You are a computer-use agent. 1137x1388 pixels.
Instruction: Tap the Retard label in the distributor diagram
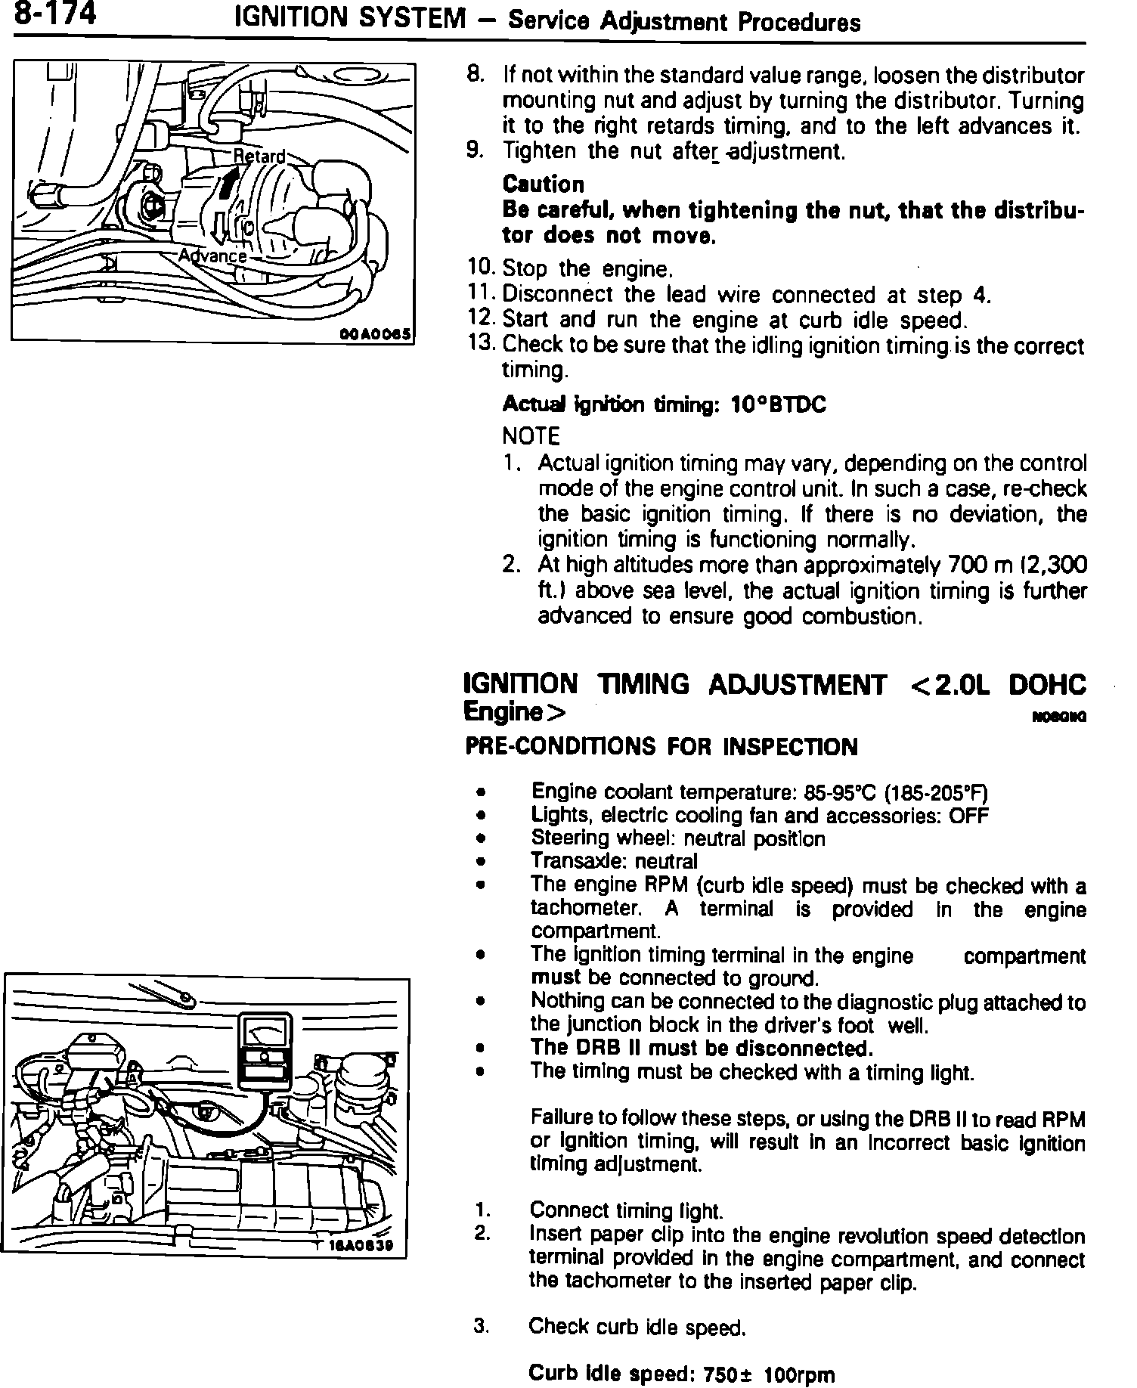259,156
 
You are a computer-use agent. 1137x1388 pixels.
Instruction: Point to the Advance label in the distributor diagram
212,256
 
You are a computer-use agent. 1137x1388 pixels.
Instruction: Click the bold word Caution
543,184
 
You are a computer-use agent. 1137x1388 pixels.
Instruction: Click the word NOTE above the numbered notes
531,436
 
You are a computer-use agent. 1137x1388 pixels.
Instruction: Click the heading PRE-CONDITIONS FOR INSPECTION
661,747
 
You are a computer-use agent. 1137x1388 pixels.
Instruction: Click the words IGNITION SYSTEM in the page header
350,18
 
